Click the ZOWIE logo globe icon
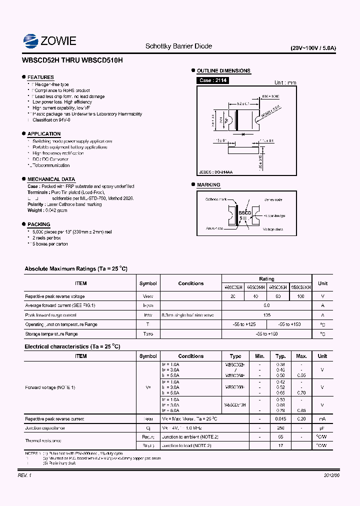31,41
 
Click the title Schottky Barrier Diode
178,46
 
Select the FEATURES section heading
40,77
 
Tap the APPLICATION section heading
44,134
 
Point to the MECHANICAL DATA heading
51,179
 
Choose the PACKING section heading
38,224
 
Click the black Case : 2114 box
212,80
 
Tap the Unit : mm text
285,83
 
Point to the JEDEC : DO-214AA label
216,172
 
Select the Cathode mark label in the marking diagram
216,199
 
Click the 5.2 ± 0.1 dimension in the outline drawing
242,103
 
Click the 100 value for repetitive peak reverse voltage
300,296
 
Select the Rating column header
266,279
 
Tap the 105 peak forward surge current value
266,315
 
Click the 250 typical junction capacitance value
280,428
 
